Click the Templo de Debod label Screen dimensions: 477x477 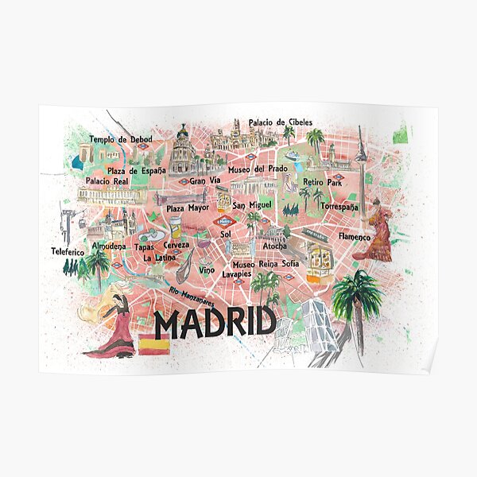click(x=120, y=140)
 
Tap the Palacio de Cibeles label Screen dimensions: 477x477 click(x=280, y=122)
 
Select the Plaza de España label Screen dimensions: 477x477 click(x=137, y=170)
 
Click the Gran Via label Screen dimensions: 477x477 click(x=204, y=180)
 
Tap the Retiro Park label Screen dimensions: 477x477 click(x=322, y=182)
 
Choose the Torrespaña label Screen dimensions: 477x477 click(x=339, y=207)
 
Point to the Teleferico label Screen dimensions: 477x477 click(x=68, y=251)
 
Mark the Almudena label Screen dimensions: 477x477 click(x=108, y=246)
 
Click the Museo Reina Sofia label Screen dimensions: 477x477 click(x=266, y=263)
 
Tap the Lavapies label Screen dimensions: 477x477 click(x=236, y=273)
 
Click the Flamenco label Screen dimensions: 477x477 click(x=355, y=237)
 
